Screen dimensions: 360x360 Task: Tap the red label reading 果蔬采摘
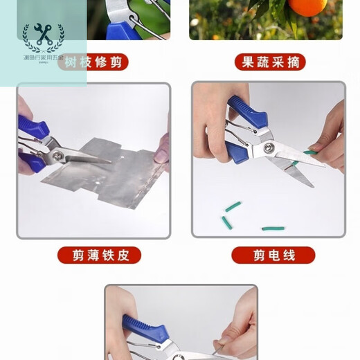click(270, 62)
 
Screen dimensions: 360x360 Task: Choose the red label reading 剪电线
click(273, 255)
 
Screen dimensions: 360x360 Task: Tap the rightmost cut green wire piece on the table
click(273, 228)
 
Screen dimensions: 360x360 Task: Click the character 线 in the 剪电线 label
click(290, 255)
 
